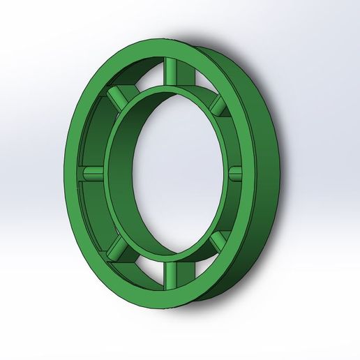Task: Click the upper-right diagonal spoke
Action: pos(218,105)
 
